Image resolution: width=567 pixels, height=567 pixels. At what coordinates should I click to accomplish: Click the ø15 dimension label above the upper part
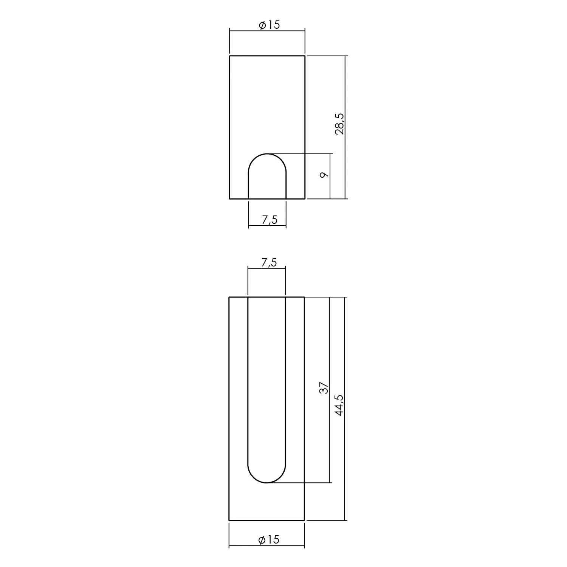(x=269, y=25)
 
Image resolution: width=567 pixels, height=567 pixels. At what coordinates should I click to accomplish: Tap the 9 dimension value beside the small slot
(x=323, y=175)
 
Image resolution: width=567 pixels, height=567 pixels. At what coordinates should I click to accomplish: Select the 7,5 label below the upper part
(x=270, y=219)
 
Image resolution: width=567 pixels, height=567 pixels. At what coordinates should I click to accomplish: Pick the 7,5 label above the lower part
(x=269, y=262)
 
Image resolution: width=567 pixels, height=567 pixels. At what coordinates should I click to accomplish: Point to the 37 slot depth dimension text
(x=324, y=388)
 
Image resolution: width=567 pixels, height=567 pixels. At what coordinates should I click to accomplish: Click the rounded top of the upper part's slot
(x=267, y=154)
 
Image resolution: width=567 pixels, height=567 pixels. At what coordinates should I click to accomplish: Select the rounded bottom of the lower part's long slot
(x=266, y=483)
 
